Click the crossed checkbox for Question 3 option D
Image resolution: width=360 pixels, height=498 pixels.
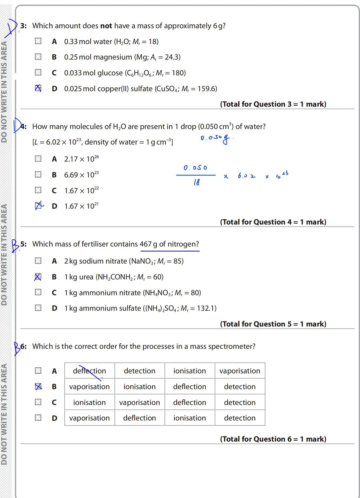38,88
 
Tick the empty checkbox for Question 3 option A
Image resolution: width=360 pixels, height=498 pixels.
38,41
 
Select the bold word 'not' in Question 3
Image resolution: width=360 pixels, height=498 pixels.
106,26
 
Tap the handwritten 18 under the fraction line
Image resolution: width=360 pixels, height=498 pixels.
197,182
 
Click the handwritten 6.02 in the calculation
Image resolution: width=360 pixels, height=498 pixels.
247,176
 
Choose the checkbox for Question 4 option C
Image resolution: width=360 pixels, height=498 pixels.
38,190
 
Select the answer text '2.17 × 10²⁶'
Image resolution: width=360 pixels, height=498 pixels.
81,159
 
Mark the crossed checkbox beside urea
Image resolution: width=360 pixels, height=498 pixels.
38,277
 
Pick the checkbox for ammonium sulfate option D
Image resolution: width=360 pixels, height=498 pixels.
38,308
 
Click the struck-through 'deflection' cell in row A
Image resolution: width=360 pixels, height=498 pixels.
89,371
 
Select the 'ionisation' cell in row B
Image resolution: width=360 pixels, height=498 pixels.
139,386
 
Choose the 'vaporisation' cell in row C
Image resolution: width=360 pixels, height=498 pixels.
139,402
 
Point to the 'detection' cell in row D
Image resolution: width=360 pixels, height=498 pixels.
240,418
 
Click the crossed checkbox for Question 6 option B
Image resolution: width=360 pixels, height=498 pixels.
38,386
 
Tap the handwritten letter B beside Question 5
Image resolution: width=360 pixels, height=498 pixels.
15,246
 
